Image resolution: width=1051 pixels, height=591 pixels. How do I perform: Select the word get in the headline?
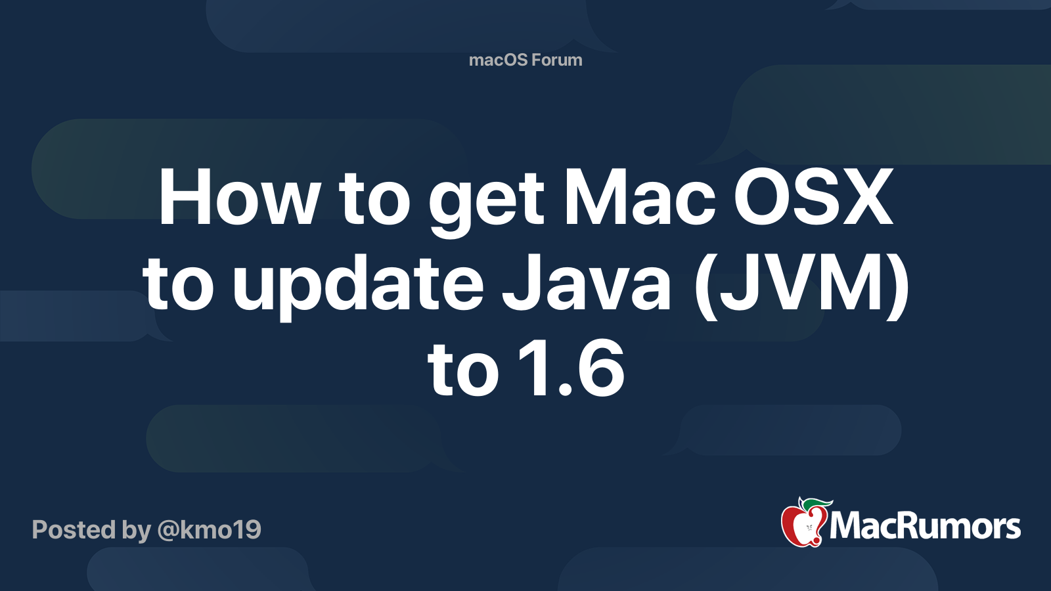[x=486, y=204]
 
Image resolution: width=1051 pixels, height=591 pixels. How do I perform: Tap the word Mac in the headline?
[x=640, y=198]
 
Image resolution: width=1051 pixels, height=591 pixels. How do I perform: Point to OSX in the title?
[x=813, y=198]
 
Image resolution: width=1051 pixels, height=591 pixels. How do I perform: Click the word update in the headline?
[x=358, y=286]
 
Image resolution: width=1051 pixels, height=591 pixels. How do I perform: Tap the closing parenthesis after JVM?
[x=897, y=286]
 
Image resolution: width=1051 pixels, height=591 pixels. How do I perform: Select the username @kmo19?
[x=210, y=530]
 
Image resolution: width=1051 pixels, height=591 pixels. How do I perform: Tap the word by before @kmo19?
[x=137, y=531]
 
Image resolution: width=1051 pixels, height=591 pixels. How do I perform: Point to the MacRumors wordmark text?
[x=925, y=527]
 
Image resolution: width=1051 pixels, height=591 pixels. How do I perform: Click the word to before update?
[x=178, y=286]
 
